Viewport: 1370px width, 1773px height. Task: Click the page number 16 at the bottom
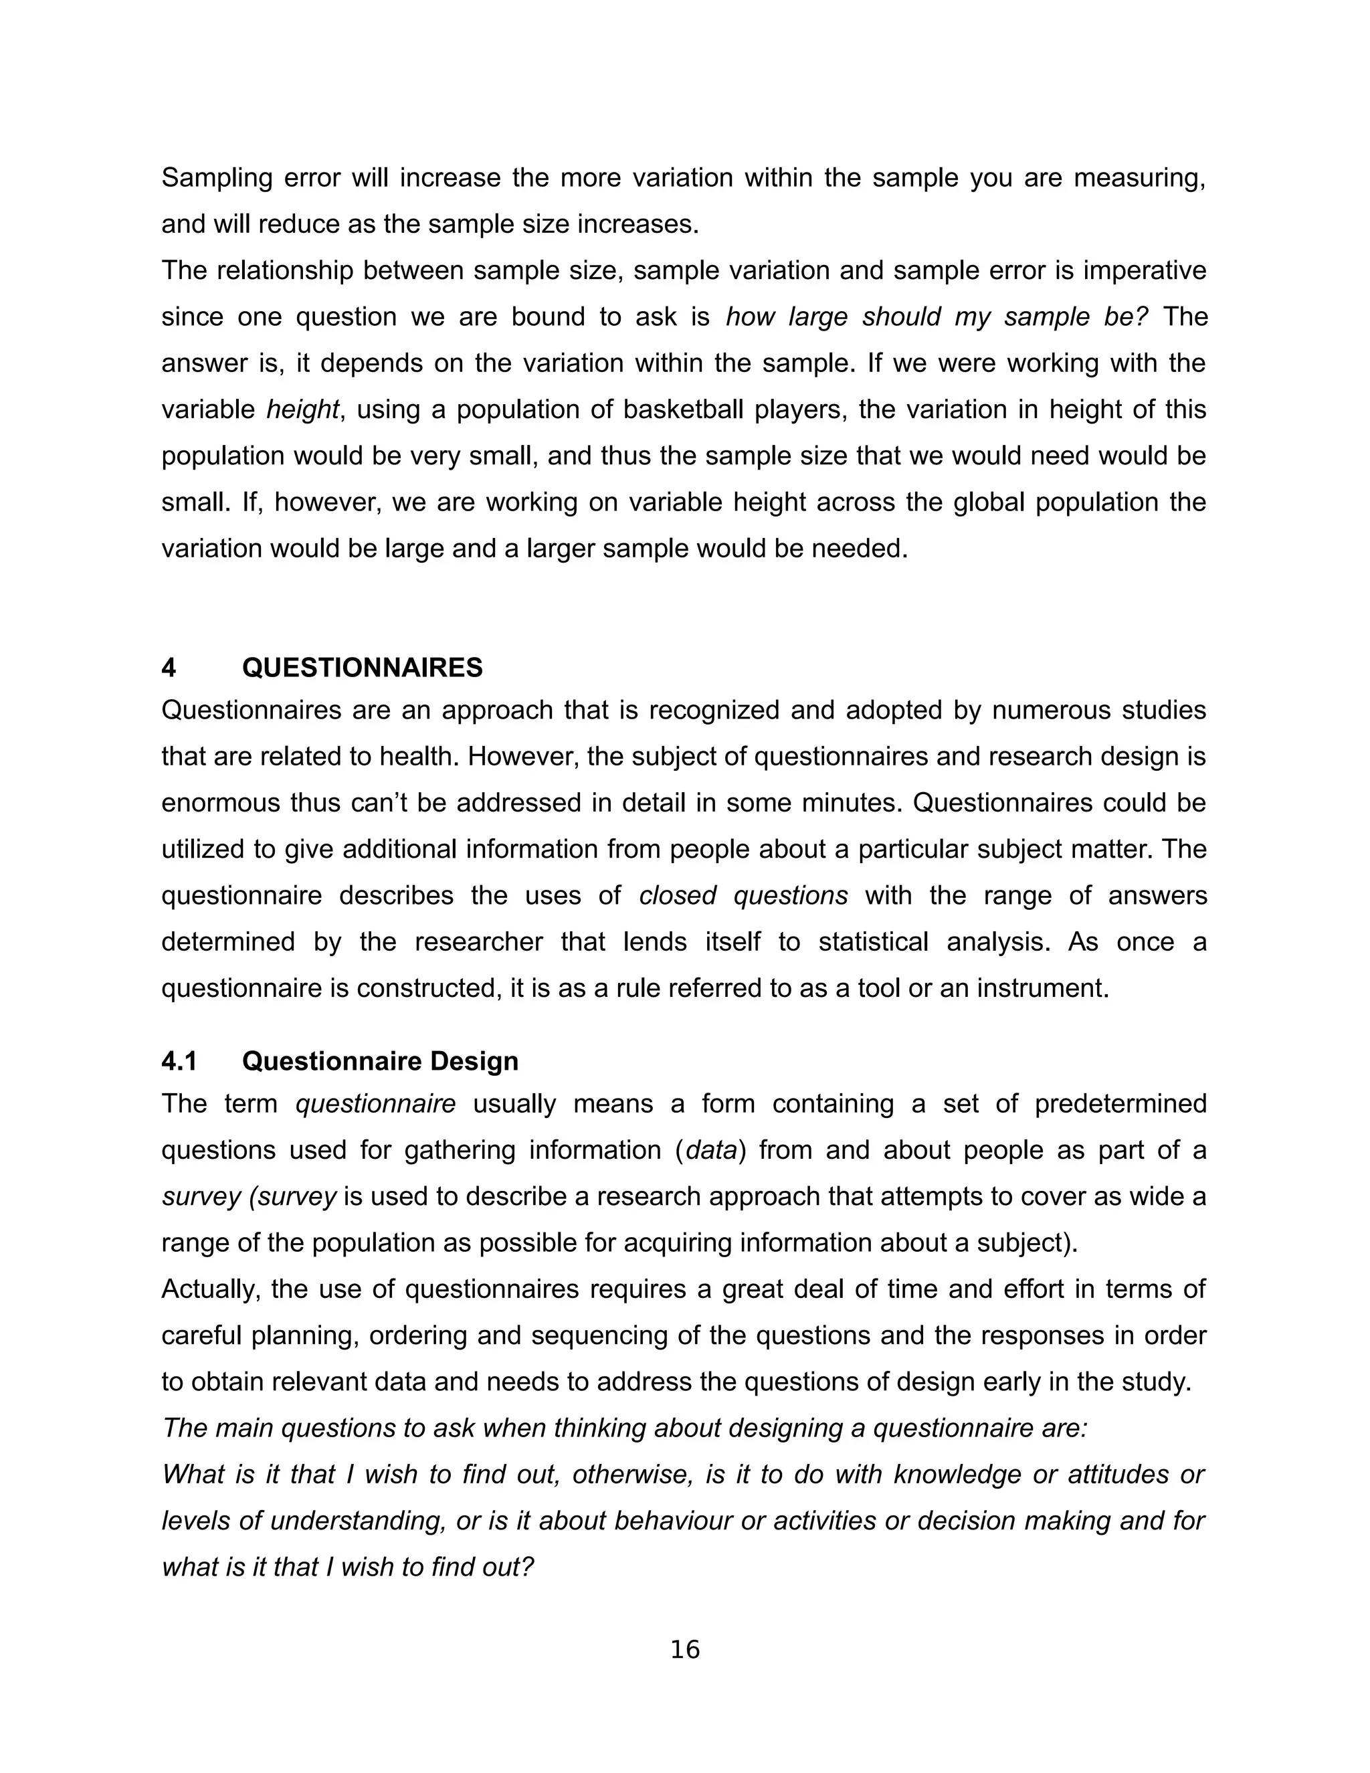click(685, 1650)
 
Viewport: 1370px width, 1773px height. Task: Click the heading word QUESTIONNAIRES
click(362, 668)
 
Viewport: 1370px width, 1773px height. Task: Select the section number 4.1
click(180, 1061)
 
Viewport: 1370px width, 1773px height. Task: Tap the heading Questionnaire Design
click(380, 1061)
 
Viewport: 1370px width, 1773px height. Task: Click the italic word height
click(302, 409)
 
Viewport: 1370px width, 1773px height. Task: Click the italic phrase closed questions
click(743, 895)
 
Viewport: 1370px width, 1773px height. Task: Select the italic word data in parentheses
click(711, 1150)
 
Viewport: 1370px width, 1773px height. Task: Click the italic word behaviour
click(673, 1521)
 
